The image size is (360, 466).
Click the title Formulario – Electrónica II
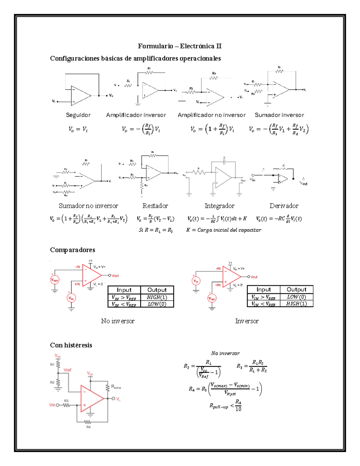pyautogui.click(x=179, y=46)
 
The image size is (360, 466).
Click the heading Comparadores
pyautogui.click(x=72, y=250)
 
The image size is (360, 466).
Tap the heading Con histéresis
pyautogui.click(x=71, y=345)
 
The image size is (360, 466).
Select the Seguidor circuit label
pyautogui.click(x=78, y=115)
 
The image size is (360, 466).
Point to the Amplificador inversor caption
pyautogui.click(x=136, y=115)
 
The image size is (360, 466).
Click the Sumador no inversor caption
pyautogui.click(x=88, y=206)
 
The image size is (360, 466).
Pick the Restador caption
pyautogui.click(x=155, y=206)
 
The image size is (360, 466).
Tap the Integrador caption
pyautogui.click(x=219, y=206)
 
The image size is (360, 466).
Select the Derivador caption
pyautogui.click(x=284, y=206)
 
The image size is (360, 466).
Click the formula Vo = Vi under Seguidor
pyautogui.click(x=78, y=129)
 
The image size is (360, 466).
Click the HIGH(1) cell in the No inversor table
pyautogui.click(x=157, y=297)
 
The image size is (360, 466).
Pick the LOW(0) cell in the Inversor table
pyautogui.click(x=296, y=297)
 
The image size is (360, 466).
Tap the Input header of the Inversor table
pyautogui.click(x=263, y=290)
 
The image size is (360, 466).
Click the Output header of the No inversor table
pyautogui.click(x=157, y=290)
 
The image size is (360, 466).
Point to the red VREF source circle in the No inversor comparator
pyautogui.click(x=55, y=280)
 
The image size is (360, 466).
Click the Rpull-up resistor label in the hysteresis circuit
pyautogui.click(x=116, y=387)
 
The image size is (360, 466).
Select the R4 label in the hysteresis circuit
pyautogui.click(x=88, y=427)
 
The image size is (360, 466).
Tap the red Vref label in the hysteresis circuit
pyautogui.click(x=67, y=370)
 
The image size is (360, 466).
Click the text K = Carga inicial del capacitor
pyautogui.click(x=223, y=230)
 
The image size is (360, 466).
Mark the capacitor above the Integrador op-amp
pyautogui.click(x=224, y=161)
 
